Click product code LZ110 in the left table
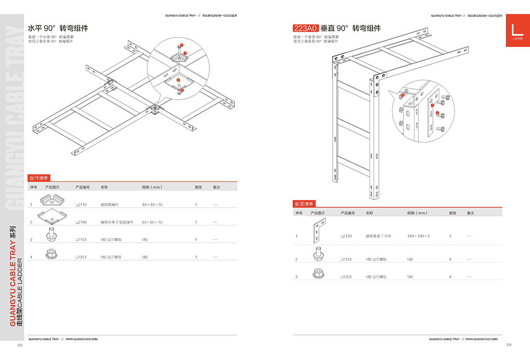point(81,204)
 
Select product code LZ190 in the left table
point(81,222)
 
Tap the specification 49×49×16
point(152,204)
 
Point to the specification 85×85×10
point(152,222)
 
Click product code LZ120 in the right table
point(346,235)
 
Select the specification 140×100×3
point(419,235)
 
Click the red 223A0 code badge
point(305,28)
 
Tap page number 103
point(20,345)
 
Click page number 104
point(509,345)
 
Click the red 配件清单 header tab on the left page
point(39,179)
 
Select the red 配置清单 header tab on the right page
point(304,204)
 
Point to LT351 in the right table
point(346,277)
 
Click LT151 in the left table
point(81,240)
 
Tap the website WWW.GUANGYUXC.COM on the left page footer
point(82,338)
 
